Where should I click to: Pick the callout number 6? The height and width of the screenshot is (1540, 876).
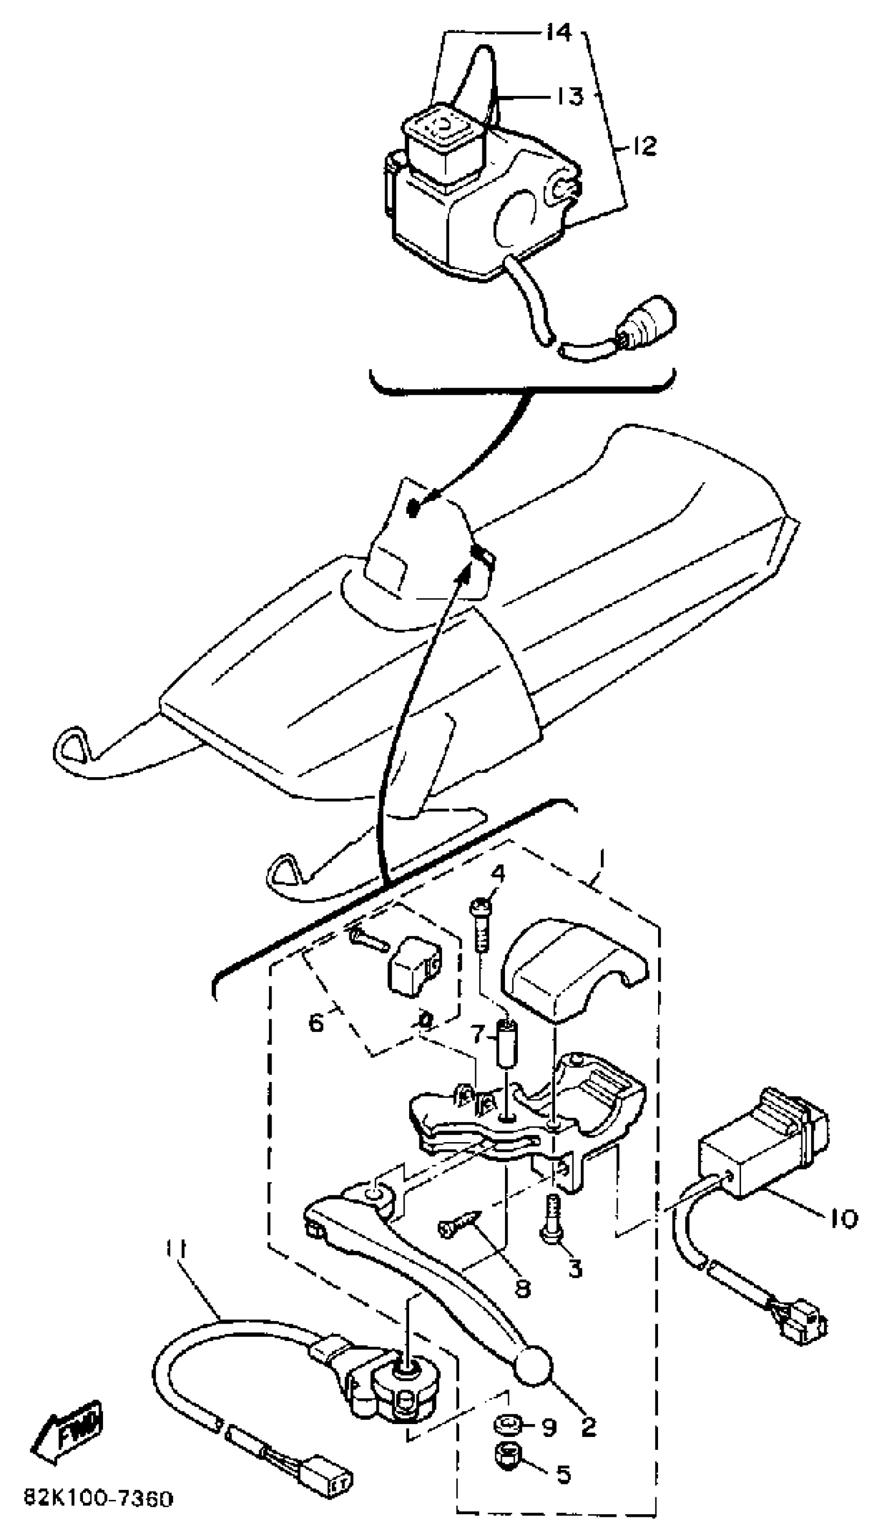[316, 1022]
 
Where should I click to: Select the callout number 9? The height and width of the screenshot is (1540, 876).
[549, 1428]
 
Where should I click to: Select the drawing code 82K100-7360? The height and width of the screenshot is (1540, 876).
[98, 1498]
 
